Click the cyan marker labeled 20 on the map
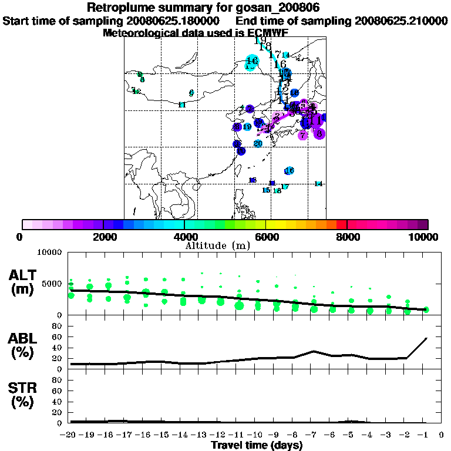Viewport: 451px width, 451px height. [258, 143]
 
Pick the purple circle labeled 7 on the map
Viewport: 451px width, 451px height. [302, 136]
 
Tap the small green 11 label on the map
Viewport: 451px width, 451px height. [182, 105]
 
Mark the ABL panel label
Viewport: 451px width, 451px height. [23, 346]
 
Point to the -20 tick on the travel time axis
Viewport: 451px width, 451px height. [70, 435]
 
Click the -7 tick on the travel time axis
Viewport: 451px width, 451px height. [314, 435]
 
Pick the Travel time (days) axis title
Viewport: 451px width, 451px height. [257, 445]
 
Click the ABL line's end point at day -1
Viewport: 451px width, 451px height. [426, 338]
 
